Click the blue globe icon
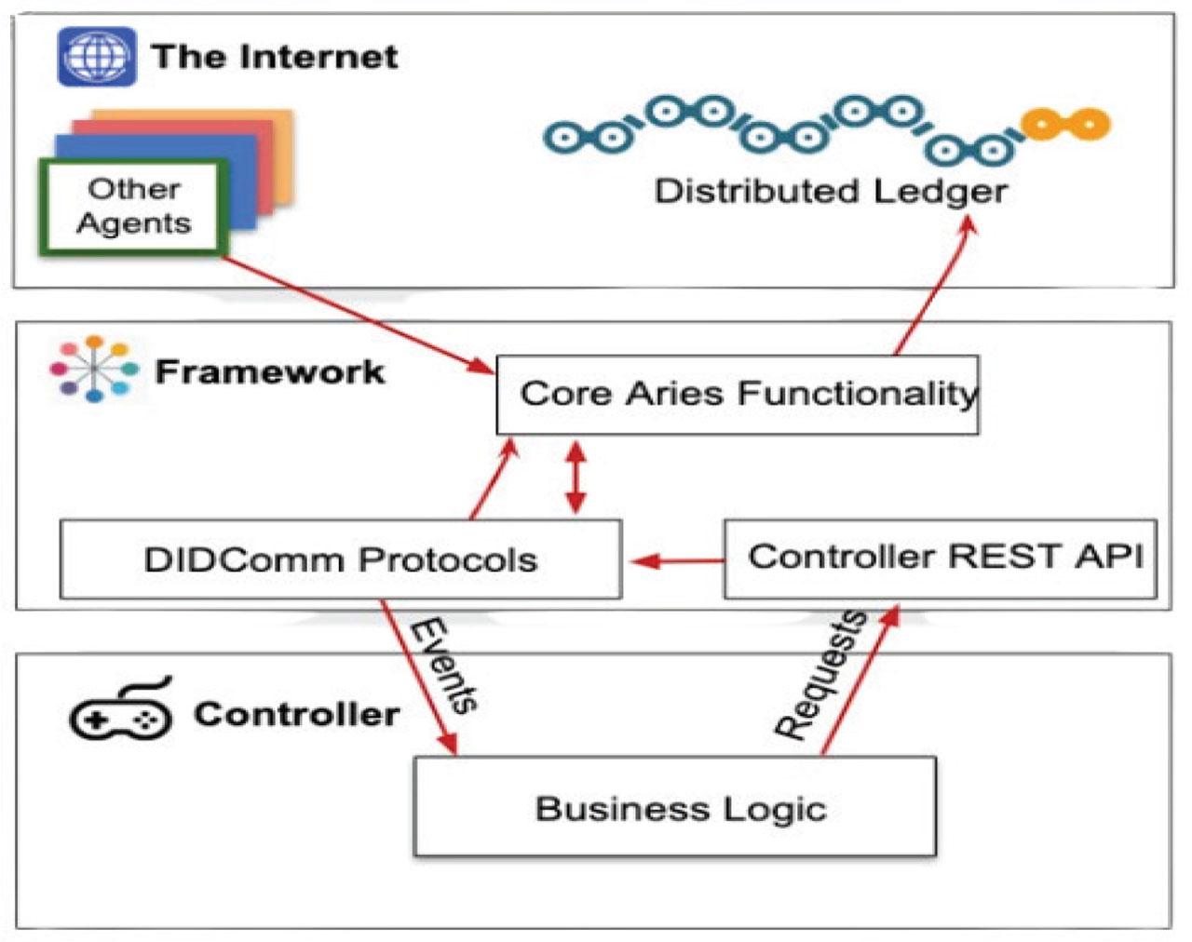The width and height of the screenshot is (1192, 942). click(97, 57)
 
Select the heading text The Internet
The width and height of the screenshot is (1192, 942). click(276, 57)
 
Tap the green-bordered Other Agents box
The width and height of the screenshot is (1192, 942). click(133, 208)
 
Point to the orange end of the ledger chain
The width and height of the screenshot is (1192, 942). click(1065, 124)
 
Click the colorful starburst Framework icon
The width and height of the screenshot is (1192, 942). click(94, 369)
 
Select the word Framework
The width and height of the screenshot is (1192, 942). click(270, 371)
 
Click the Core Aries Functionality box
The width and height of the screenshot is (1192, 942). click(738, 395)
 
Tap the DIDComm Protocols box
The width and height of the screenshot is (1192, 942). click(341, 559)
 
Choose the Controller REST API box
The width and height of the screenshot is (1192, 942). click(941, 558)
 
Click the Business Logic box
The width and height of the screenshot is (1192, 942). click(675, 807)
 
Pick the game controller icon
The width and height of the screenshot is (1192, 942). click(121, 709)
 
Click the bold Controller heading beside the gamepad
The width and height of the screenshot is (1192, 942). click(296, 714)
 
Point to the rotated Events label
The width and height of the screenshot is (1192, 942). click(443, 666)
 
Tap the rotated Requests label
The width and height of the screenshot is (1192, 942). click(819, 674)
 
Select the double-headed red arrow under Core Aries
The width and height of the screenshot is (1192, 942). click(576, 478)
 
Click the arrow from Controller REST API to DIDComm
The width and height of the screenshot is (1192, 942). click(677, 561)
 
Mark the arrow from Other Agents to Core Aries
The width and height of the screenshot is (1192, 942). click(358, 315)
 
